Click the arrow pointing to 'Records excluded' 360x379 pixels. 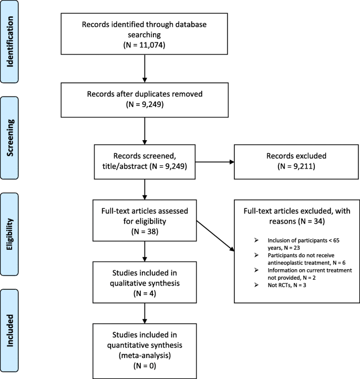216,161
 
